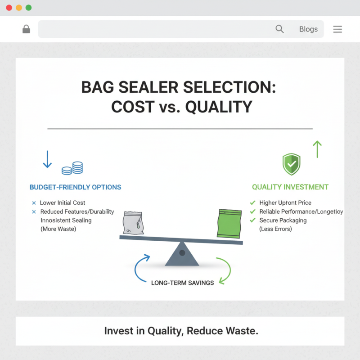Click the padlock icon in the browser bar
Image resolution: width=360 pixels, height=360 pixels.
click(26, 29)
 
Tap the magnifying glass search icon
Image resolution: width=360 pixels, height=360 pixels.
click(279, 29)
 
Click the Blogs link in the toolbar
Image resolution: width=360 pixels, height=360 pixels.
click(308, 29)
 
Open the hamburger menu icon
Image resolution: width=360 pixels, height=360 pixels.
click(337, 29)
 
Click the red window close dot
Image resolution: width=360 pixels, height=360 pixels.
click(9, 8)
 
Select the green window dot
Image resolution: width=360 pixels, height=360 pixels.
click(29, 8)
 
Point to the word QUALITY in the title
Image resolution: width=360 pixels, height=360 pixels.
click(219, 107)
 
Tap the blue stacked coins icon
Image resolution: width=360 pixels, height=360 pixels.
click(72, 168)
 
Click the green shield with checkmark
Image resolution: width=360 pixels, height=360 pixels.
click(291, 164)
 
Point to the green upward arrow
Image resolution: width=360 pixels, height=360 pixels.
click(317, 149)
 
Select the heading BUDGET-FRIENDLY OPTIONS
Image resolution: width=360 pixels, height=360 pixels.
click(75, 187)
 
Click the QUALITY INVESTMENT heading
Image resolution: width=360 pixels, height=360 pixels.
click(290, 187)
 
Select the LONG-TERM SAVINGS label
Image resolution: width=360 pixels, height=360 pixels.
click(182, 283)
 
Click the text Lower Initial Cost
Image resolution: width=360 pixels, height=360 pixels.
click(63, 203)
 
